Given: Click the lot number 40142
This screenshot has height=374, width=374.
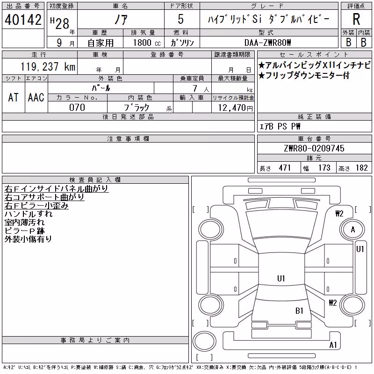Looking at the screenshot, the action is [x=23, y=20].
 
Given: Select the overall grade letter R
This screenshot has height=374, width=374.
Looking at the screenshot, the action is [x=356, y=19].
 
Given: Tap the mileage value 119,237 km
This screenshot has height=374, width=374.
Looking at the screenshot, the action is [x=48, y=66].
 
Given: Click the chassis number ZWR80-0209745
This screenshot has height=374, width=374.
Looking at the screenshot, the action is [x=314, y=148].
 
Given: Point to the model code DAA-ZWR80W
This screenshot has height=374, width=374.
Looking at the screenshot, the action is [x=267, y=43].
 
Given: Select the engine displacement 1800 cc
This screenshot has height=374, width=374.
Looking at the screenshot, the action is [x=147, y=43].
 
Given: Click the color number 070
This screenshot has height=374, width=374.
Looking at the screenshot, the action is [x=77, y=108].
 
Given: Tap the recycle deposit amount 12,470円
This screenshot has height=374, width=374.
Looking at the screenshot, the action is [x=236, y=108].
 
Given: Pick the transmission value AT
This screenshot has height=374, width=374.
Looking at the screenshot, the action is [x=14, y=97].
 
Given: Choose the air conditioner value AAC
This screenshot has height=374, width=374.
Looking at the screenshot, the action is [x=36, y=97].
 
